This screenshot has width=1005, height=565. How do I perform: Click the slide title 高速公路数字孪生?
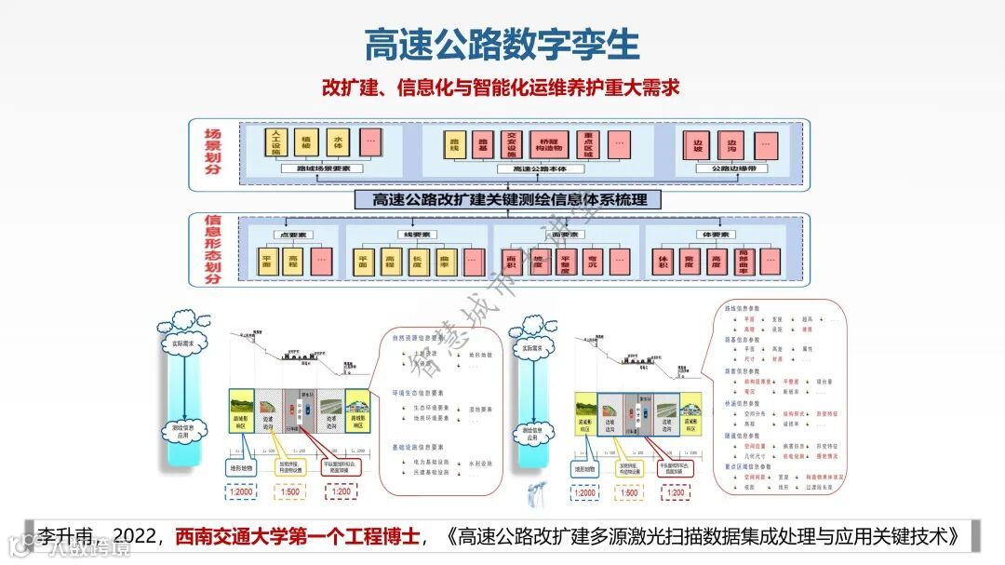coord(502,44)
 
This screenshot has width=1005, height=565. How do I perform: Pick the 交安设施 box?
coord(510,144)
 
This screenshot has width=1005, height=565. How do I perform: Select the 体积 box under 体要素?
coord(663,262)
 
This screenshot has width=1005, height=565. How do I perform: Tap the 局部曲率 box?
coord(743,262)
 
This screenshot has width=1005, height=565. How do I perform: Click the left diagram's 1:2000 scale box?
coord(241,492)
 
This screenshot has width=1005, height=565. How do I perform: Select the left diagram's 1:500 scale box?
coord(290,492)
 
